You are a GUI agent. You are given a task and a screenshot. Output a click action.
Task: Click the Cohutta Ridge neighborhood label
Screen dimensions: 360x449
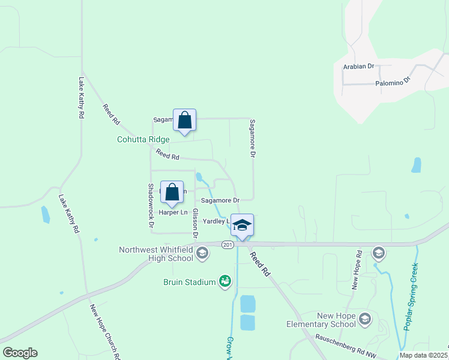click(x=143, y=139)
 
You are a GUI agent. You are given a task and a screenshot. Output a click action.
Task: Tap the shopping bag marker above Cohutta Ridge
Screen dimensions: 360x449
click(x=184, y=121)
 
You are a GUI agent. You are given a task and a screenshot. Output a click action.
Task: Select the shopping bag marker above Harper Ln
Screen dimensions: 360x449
click(x=172, y=193)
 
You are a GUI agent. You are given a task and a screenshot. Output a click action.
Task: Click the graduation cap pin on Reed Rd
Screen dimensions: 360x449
click(x=242, y=226)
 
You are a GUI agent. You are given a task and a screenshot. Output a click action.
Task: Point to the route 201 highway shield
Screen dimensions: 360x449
click(x=227, y=245)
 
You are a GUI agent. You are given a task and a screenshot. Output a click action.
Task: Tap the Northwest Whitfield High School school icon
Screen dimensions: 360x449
click(x=202, y=254)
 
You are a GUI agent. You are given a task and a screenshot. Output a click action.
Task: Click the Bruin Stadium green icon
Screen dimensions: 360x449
click(x=225, y=281)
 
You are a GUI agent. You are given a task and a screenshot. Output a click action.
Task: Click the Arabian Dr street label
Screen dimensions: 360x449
click(x=358, y=66)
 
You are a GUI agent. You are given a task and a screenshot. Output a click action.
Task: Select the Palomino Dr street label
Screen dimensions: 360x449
click(x=393, y=82)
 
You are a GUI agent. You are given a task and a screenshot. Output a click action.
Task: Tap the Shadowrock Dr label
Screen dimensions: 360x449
click(x=151, y=205)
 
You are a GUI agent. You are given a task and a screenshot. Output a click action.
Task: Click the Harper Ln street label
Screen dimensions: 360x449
click(x=173, y=212)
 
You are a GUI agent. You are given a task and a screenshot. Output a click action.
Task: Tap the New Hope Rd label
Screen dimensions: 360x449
click(x=355, y=270)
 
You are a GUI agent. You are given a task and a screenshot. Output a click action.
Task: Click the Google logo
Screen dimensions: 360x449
click(x=20, y=353)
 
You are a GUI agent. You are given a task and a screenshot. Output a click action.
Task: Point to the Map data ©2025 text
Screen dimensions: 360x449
click(x=423, y=355)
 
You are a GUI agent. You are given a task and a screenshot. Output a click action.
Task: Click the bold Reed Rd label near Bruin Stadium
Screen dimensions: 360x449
click(x=261, y=265)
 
